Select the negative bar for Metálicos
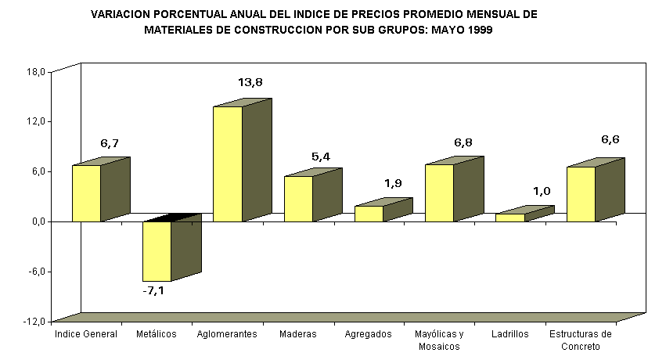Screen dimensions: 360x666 (157, 250)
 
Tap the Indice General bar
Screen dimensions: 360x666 (86, 193)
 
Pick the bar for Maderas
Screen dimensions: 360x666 (298, 198)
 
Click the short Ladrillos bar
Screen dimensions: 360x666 (509, 217)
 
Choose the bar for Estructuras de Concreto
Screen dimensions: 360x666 (581, 193)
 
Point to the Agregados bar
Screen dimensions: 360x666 (369, 213)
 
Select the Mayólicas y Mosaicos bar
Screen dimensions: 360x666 (439, 193)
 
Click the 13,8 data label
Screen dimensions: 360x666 (250, 82)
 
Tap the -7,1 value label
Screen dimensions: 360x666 (153, 290)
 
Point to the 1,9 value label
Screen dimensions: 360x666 (393, 183)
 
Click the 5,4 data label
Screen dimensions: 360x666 (321, 157)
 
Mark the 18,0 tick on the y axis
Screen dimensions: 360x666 (37, 71)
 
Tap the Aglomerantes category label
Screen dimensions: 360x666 (227, 334)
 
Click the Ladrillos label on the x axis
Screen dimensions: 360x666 (510, 334)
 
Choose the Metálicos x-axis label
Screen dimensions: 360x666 (157, 334)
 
